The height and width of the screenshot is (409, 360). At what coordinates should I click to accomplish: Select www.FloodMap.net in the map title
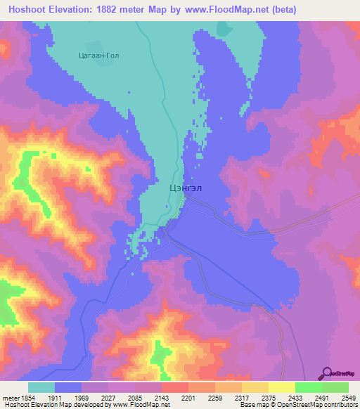pos(230,9)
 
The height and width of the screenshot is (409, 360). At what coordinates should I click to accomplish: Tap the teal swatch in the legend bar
pos(41,387)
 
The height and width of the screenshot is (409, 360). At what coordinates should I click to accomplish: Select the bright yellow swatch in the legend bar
pos(281,387)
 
